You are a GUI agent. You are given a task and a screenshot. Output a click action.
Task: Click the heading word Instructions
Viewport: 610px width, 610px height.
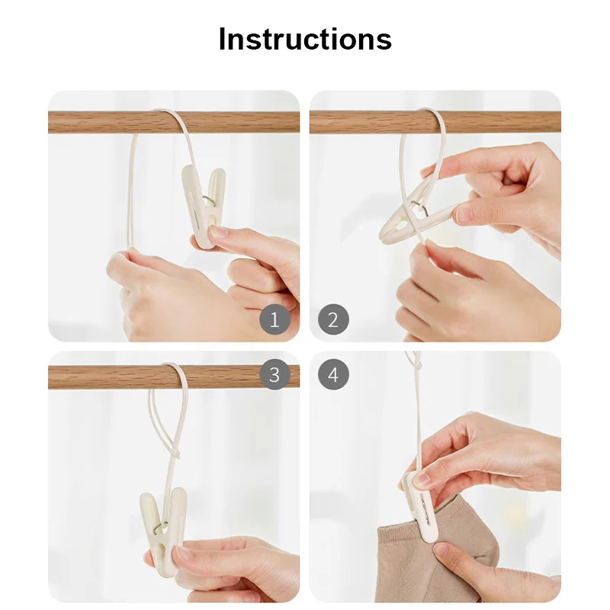305,40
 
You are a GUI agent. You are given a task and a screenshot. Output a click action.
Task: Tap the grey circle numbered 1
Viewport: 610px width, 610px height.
274,319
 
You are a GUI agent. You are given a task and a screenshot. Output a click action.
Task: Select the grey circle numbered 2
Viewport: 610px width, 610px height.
333,319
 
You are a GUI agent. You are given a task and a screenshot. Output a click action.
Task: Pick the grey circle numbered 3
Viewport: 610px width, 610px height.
274,374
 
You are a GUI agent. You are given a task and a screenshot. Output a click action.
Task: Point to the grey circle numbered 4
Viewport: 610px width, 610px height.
333,374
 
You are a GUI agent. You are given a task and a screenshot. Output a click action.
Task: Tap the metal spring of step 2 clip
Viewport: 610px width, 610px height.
419,208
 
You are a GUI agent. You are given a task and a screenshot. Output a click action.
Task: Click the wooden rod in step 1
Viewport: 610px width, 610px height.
174,122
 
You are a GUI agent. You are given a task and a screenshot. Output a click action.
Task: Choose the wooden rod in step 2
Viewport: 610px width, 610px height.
435,122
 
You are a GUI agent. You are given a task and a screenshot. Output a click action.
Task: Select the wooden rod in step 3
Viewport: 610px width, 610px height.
174,377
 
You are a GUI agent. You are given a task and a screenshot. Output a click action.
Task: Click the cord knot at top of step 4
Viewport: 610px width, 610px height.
417,366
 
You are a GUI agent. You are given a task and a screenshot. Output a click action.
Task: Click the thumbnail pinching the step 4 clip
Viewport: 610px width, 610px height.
422,480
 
